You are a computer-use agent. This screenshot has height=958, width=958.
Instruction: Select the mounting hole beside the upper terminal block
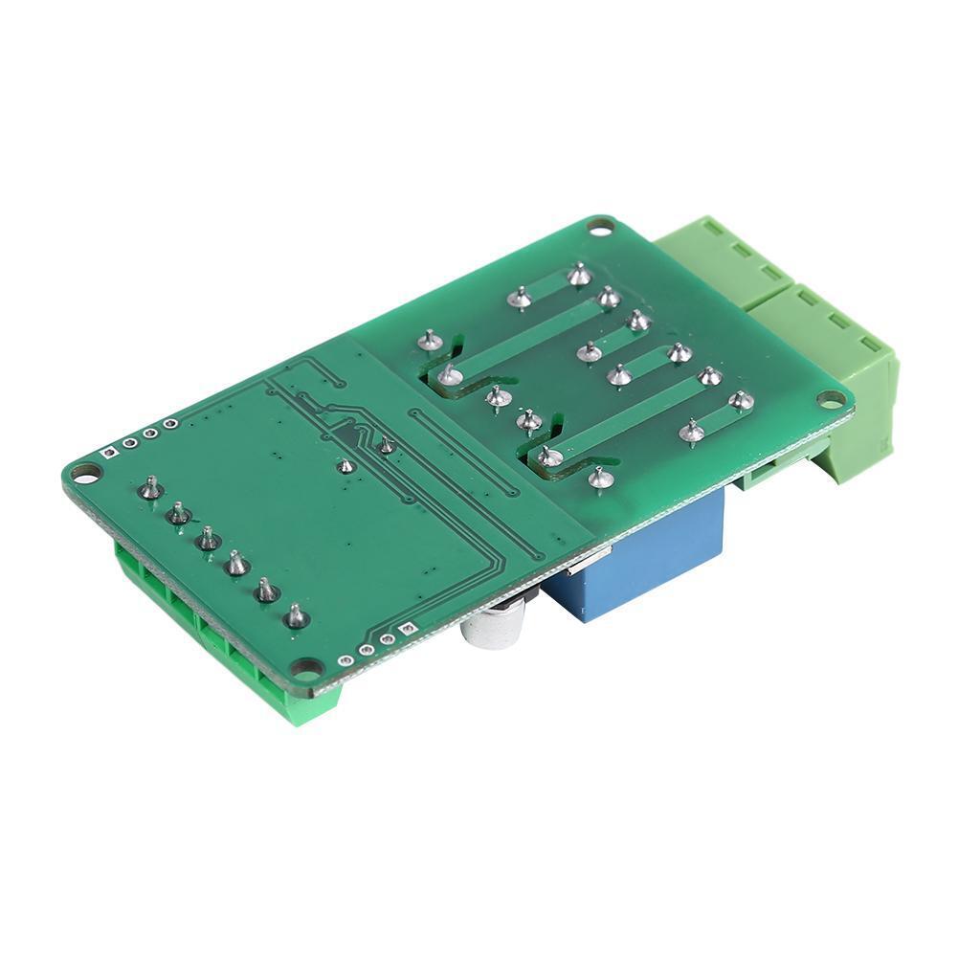pyautogui.click(x=600, y=228)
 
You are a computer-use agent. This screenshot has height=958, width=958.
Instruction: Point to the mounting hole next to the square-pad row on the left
pyautogui.click(x=85, y=473)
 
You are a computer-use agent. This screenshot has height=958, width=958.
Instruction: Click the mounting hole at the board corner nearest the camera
pyautogui.click(x=306, y=667)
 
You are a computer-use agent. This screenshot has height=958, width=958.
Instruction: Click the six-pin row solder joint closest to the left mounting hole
pyautogui.click(x=149, y=489)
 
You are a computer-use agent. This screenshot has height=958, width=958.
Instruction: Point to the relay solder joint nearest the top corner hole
pyautogui.click(x=577, y=276)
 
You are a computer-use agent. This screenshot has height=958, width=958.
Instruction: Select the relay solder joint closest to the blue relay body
pyautogui.click(x=600, y=477)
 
